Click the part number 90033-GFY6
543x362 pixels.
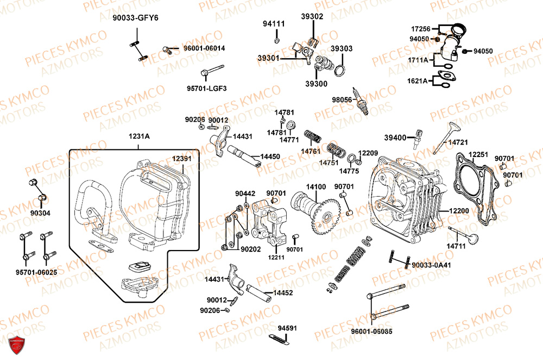coord(136,17)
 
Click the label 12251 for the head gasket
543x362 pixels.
coord(478,155)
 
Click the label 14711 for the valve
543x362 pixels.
coord(456,246)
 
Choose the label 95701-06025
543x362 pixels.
coord(36,271)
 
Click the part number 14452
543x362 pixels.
coord(283,292)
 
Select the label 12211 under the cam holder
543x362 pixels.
coord(276,257)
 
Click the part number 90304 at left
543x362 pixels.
coord(40,213)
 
